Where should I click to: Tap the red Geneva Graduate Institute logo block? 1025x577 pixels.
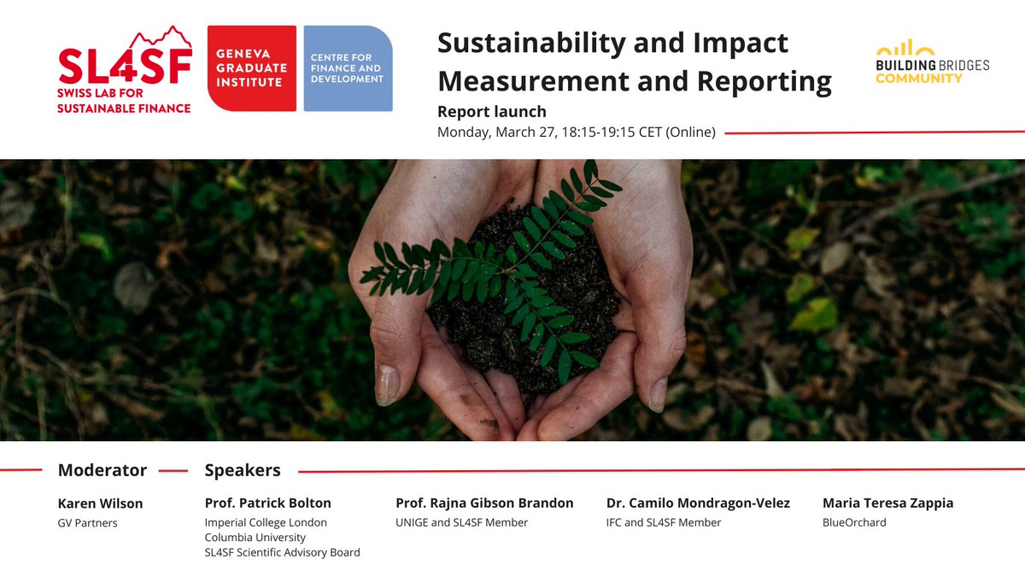pyautogui.click(x=252, y=68)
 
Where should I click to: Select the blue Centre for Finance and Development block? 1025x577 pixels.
pyautogui.click(x=348, y=68)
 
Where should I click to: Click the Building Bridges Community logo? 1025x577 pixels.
pyautogui.click(x=932, y=62)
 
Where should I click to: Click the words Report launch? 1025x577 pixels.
pyautogui.click(x=491, y=111)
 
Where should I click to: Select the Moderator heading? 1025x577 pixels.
pyautogui.click(x=102, y=470)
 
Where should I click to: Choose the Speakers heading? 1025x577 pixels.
pyautogui.click(x=243, y=470)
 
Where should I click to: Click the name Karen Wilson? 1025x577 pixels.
pyautogui.click(x=100, y=503)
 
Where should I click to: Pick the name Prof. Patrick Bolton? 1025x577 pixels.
pyautogui.click(x=267, y=503)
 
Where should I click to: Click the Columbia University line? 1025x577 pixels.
pyautogui.click(x=255, y=538)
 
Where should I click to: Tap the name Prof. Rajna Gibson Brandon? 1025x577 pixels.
pyautogui.click(x=484, y=503)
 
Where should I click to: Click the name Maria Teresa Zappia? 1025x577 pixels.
pyautogui.click(x=887, y=503)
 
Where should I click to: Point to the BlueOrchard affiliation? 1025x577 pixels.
pyautogui.click(x=854, y=522)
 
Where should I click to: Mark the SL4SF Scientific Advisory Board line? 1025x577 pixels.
pyautogui.click(x=282, y=553)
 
